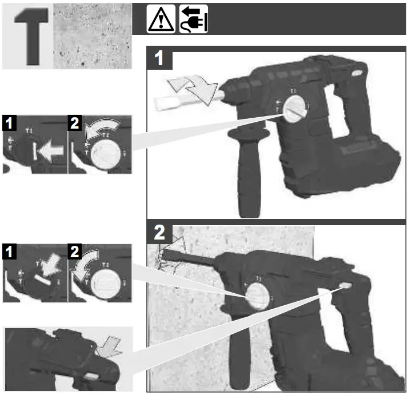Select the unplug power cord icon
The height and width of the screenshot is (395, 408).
(193, 19)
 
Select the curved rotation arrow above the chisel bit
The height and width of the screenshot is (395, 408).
(194, 88)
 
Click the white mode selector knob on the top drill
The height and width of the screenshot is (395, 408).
(295, 107)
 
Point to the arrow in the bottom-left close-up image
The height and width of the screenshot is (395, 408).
(109, 344)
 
